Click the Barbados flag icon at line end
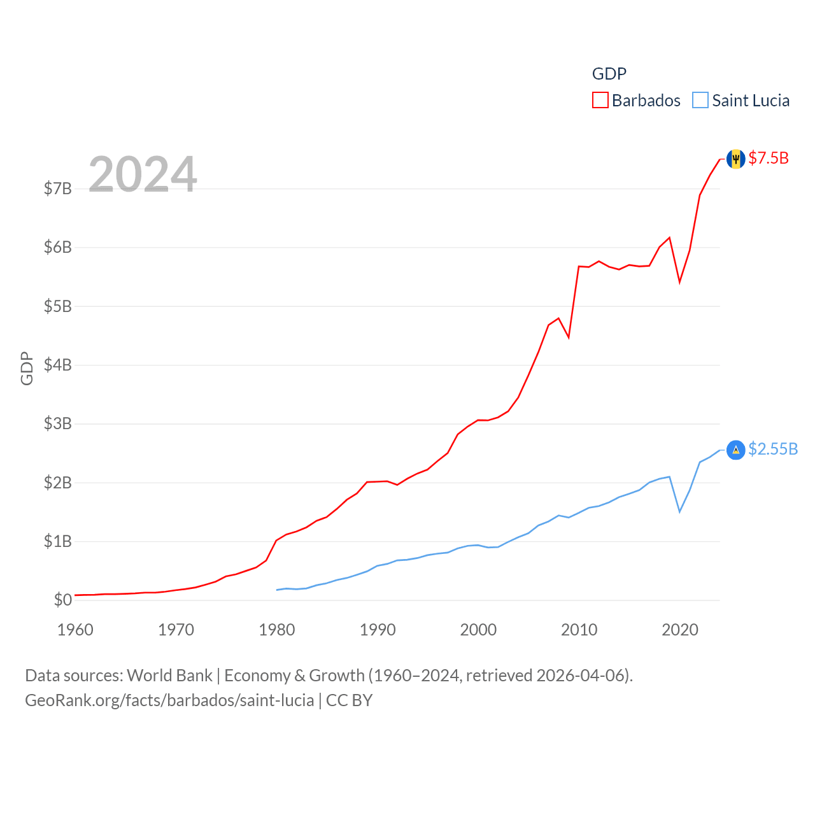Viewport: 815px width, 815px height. pos(735,159)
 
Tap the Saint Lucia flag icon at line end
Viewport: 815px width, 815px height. pos(735,450)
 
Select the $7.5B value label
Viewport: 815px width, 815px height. pos(769,158)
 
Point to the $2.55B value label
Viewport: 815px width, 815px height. pos(773,450)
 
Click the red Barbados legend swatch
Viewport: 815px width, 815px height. pos(600,101)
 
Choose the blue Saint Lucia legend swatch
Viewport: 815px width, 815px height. pos(700,101)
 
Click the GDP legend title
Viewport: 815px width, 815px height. pos(609,74)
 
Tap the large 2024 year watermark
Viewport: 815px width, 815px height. pos(143,174)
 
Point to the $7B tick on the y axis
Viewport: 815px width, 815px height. pos(57,188)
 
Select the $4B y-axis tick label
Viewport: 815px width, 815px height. pos(57,365)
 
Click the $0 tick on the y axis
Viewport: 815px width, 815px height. pos(62,600)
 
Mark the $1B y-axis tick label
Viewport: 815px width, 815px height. pos(57,541)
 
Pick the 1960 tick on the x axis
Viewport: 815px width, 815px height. pos(75,630)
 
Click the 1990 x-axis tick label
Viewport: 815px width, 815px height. pos(378,630)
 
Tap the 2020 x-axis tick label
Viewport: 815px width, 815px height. pos(680,630)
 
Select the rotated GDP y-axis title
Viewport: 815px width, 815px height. pos(27,368)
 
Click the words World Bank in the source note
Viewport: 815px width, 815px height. pos(169,676)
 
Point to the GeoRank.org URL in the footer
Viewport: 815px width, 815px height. pos(169,700)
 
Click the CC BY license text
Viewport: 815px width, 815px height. pos(349,700)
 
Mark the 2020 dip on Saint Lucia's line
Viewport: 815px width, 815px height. pos(680,511)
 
